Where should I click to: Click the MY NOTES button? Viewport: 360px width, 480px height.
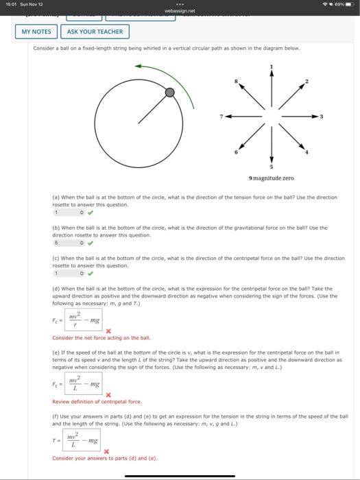tap(36, 32)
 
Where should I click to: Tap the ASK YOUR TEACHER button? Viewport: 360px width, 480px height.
tap(95, 32)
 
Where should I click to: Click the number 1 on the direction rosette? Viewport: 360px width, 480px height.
tap(272, 67)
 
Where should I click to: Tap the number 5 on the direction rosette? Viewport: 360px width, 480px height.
tap(272, 167)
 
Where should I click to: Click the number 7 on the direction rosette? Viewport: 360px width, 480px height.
tap(221, 116)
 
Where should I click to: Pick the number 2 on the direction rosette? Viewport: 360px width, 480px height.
tap(307, 82)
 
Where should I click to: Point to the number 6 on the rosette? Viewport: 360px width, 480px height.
tap(236, 152)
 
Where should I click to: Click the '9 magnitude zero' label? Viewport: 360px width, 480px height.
tap(272, 178)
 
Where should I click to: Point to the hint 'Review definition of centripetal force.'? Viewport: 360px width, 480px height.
tap(97, 401)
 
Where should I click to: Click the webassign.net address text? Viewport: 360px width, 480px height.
tap(180, 11)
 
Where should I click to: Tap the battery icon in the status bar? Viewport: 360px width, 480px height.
tap(346, 5)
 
